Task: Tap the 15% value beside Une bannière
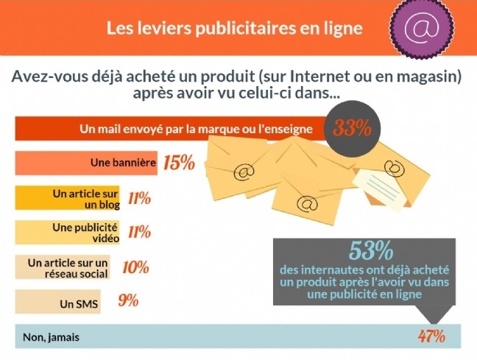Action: pyautogui.click(x=179, y=162)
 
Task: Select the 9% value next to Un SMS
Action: pyautogui.click(x=128, y=301)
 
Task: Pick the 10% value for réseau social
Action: pyautogui.click(x=135, y=267)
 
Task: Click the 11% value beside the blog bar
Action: pyautogui.click(x=138, y=198)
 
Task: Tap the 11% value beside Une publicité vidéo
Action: pyautogui.click(x=138, y=233)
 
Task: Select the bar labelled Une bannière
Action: pyautogui.click(x=87, y=163)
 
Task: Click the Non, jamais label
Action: pyautogui.click(x=50, y=338)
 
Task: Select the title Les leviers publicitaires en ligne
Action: pyautogui.click(x=235, y=29)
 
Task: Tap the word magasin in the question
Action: pyautogui.click(x=433, y=76)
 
